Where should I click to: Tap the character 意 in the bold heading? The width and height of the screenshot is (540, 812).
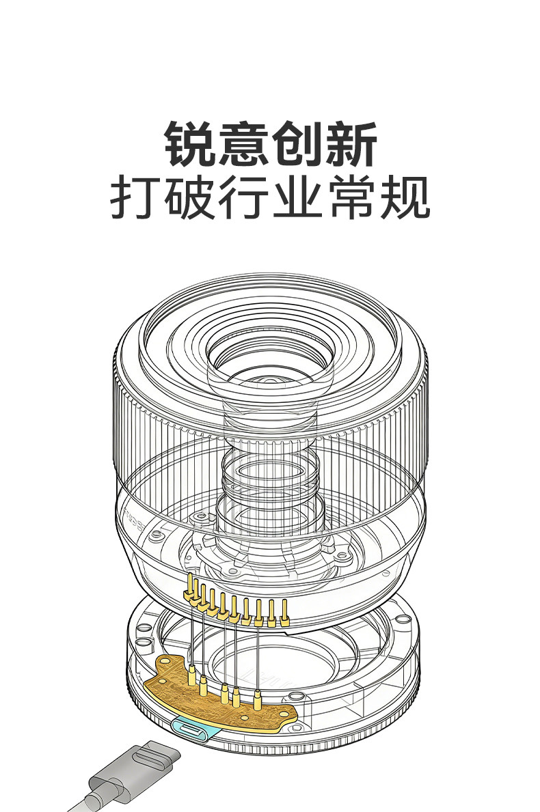point(244,144)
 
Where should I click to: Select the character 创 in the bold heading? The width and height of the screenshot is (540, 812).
point(297,144)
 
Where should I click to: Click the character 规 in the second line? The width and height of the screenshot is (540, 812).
point(405,197)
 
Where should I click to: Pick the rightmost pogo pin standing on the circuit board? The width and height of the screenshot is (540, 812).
point(257,700)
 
